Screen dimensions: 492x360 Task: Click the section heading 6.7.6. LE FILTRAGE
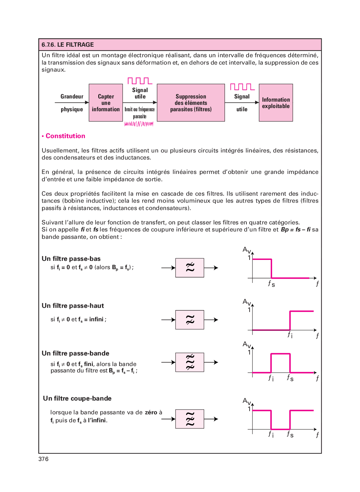click(68, 45)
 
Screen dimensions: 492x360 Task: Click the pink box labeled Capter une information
click(106, 103)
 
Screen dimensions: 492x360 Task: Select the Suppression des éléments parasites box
click(191, 103)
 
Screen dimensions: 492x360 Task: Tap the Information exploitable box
click(276, 103)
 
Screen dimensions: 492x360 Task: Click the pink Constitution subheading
click(65, 136)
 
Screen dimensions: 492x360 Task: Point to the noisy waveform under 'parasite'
click(139, 124)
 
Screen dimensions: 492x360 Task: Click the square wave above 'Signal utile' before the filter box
click(140, 81)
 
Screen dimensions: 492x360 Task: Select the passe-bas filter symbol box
click(189, 268)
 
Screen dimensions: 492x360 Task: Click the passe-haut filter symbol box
click(189, 319)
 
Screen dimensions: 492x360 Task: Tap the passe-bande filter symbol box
click(189, 362)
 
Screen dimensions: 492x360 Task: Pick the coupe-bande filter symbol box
click(189, 419)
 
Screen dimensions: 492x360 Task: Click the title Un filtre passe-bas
click(71, 259)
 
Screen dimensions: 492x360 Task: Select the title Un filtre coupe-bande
click(77, 398)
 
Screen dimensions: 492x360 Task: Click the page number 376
click(44, 459)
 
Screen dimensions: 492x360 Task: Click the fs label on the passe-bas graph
click(271, 284)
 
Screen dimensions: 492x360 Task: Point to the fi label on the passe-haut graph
click(290, 335)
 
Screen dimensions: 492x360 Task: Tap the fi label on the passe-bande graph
click(271, 378)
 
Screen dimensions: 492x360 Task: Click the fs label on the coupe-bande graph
click(290, 434)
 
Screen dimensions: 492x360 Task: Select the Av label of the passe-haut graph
click(246, 302)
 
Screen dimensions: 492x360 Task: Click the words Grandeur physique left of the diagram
click(72, 103)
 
